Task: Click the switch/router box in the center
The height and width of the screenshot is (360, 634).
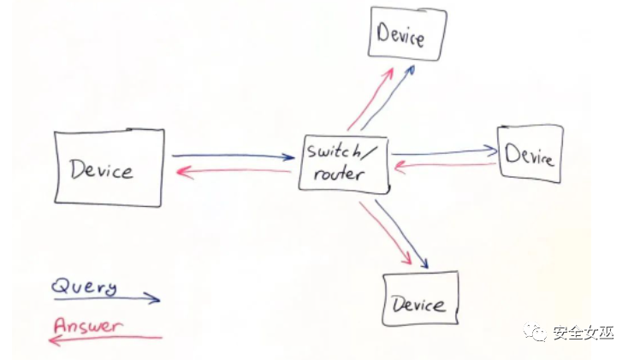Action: [x=343, y=163]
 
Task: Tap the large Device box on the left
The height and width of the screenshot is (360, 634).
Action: [x=108, y=168]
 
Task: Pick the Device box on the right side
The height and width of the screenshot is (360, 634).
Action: [x=530, y=154]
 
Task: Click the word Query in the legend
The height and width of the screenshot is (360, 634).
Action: [x=84, y=286]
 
